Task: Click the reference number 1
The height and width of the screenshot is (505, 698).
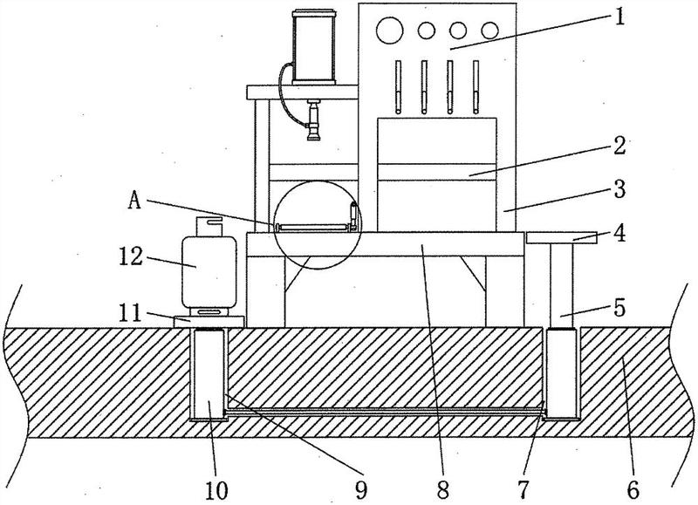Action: click(619, 17)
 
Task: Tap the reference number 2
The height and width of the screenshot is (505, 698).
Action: click(619, 146)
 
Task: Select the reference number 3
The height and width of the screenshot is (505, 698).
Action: click(619, 189)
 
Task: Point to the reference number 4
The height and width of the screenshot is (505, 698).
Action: click(619, 233)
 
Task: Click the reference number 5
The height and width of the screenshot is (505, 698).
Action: click(619, 307)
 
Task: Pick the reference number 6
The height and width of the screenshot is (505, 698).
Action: click(633, 490)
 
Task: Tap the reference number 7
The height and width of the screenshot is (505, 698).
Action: click(523, 490)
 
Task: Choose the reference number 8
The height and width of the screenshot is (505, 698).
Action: click(443, 490)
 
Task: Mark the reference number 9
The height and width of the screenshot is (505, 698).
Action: click(361, 490)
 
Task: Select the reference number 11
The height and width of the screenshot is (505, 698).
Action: click(130, 312)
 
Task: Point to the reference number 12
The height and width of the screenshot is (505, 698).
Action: click(130, 256)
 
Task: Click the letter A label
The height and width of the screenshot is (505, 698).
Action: click(135, 201)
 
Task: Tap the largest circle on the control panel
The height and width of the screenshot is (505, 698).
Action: click(389, 31)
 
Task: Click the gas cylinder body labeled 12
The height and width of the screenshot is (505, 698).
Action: click(209, 272)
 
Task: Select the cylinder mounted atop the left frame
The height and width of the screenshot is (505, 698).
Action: click(314, 47)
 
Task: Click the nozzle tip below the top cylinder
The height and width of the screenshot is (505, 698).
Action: click(314, 137)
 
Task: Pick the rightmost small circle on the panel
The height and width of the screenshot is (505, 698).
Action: click(489, 31)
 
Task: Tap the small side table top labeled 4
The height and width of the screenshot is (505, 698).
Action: click(561, 237)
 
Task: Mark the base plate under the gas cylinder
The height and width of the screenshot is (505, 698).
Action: click(209, 322)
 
